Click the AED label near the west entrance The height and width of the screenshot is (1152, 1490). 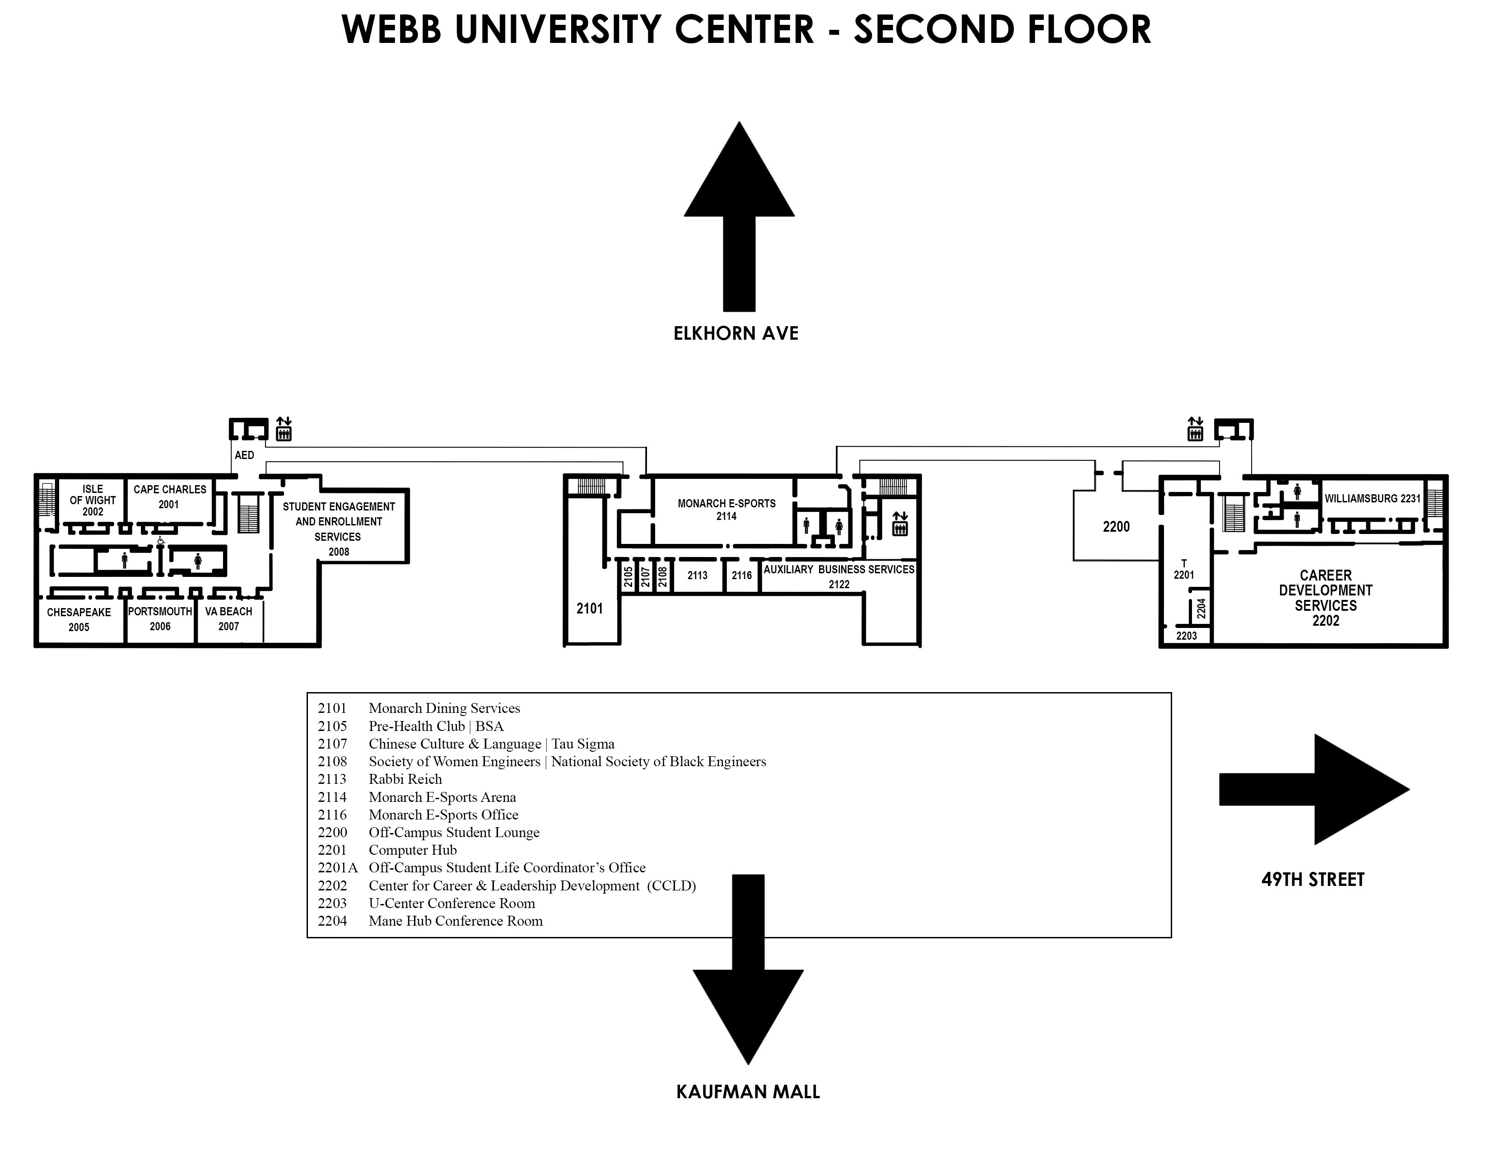(244, 455)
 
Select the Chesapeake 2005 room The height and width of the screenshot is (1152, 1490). (79, 619)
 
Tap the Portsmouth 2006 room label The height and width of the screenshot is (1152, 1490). (160, 618)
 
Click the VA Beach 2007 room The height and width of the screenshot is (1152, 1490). (228, 618)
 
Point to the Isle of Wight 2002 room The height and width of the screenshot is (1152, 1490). (93, 500)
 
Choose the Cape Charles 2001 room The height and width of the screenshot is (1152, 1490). (170, 497)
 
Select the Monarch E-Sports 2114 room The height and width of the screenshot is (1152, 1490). (726, 510)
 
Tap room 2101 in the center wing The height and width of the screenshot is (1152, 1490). (589, 608)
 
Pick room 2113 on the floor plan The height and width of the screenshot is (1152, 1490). (697, 575)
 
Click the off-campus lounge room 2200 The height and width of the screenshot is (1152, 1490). (1116, 526)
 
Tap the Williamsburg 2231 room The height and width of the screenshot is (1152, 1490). (1372, 499)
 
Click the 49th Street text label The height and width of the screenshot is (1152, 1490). (1313, 879)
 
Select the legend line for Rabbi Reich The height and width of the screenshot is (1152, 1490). (405, 779)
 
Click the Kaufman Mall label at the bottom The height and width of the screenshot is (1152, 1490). (748, 1092)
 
